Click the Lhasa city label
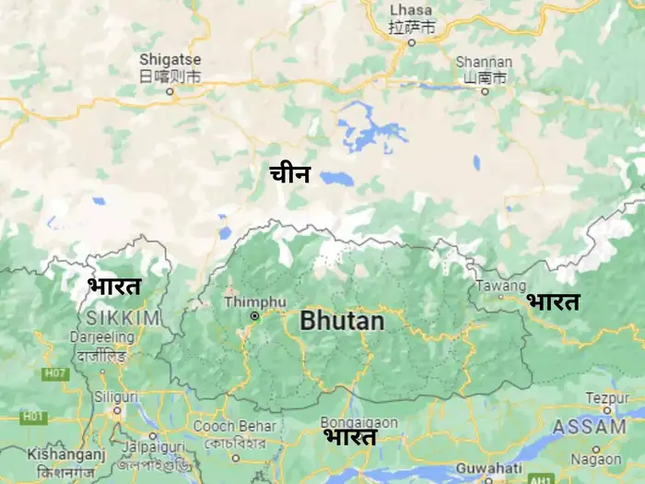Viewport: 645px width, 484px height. (411, 10)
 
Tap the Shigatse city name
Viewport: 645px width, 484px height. (170, 59)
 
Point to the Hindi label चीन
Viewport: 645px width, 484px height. (290, 173)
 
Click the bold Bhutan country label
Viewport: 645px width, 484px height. (341, 321)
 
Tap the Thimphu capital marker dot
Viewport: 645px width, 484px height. (254, 316)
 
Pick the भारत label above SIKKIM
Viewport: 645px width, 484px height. (114, 286)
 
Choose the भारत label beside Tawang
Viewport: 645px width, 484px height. (553, 301)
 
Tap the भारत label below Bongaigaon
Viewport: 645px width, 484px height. (349, 437)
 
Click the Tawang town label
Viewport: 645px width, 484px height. (501, 286)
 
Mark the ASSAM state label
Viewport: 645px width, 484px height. (589, 427)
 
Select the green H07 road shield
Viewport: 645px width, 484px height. (55, 373)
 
